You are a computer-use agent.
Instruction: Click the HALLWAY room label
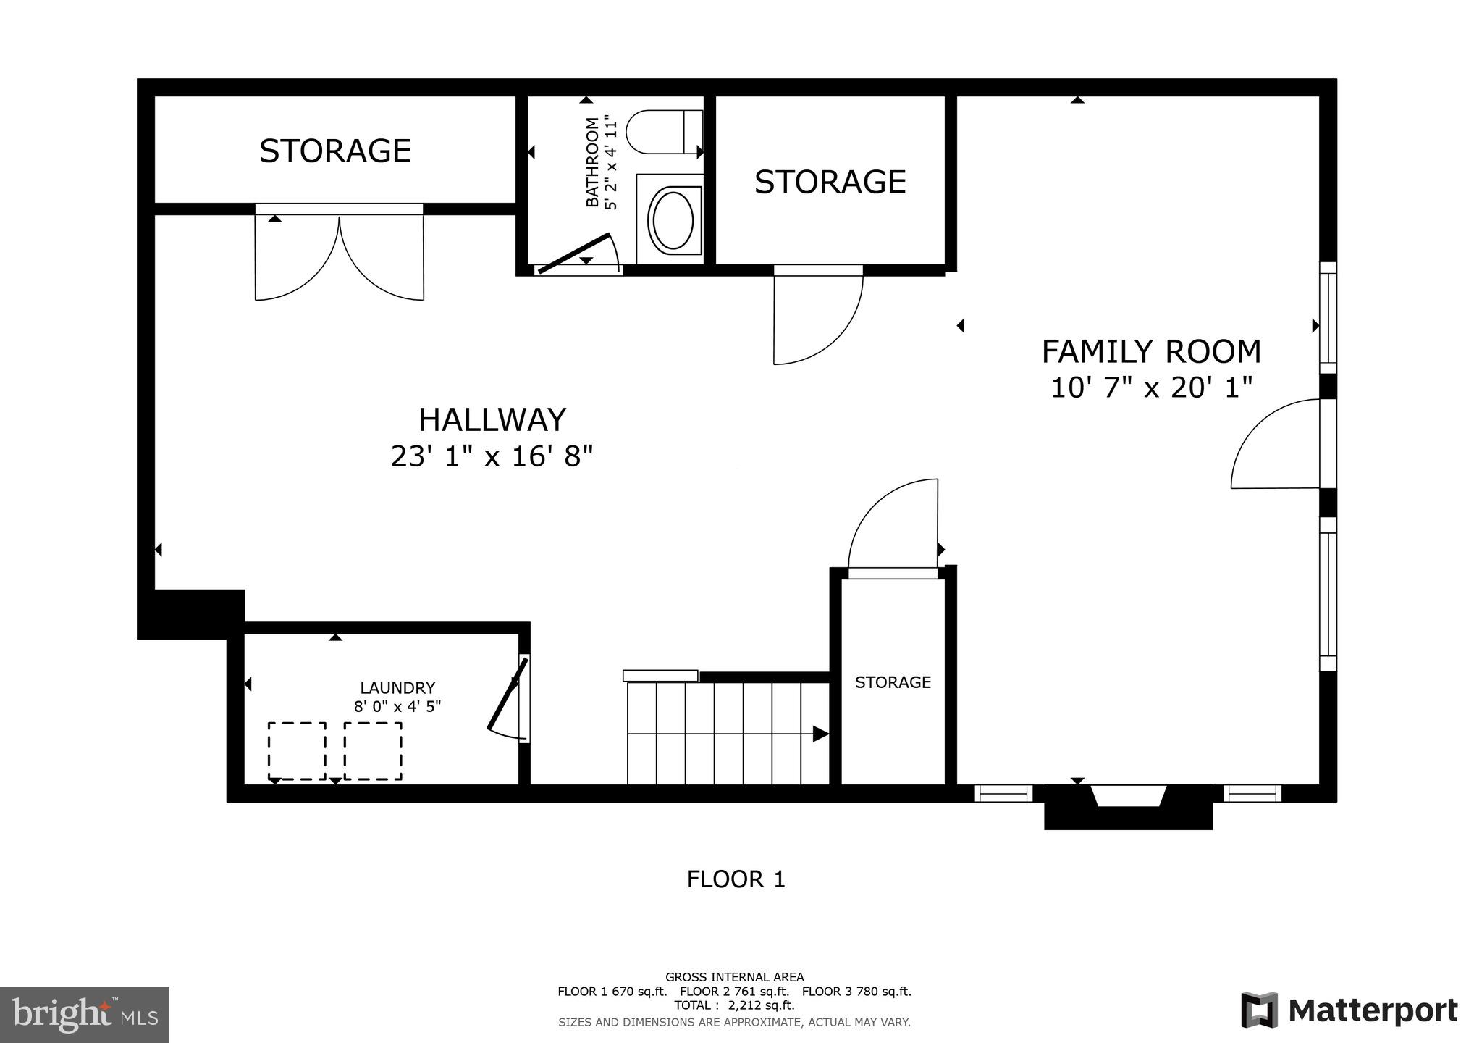click(492, 420)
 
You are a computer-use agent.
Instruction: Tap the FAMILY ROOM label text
click(1150, 352)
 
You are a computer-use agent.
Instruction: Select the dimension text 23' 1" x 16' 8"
click(492, 456)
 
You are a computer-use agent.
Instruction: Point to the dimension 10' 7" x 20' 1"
click(1150, 388)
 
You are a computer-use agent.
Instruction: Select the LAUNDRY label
click(397, 688)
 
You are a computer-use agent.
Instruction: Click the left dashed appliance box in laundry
click(297, 751)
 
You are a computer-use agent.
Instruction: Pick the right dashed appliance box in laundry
click(373, 751)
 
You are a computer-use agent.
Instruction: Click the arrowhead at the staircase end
click(820, 734)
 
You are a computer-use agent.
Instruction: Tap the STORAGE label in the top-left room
click(335, 151)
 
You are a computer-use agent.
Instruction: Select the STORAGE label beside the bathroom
click(830, 182)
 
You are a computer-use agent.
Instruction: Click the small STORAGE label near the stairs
click(893, 682)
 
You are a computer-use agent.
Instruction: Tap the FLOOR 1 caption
click(736, 879)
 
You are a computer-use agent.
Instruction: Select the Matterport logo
click(1349, 1010)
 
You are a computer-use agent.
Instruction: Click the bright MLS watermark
click(84, 1015)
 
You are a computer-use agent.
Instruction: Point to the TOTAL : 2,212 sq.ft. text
click(734, 1005)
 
